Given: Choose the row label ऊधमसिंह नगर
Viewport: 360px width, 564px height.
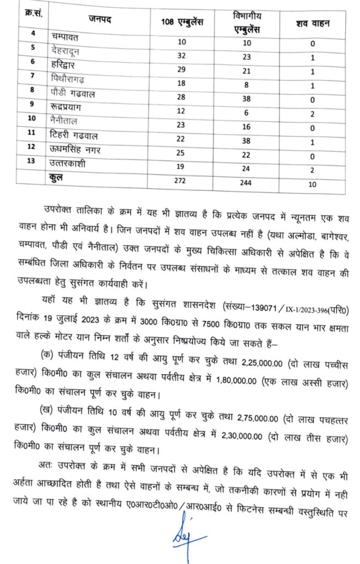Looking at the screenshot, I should point(77,151).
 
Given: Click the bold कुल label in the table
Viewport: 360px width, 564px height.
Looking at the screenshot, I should point(58,178).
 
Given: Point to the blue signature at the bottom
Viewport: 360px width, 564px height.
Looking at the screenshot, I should point(187,539).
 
